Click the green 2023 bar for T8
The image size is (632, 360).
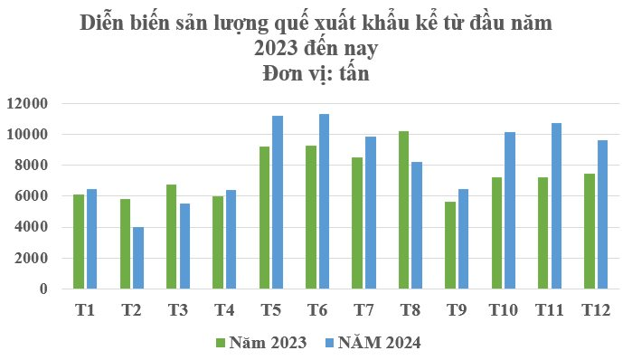coord(403,210)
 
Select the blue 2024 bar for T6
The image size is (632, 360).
coord(324,201)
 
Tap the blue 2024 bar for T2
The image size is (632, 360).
coord(138,258)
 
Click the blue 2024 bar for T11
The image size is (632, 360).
coord(557,205)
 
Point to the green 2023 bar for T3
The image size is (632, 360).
coord(171,236)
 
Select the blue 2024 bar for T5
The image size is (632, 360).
coord(278,202)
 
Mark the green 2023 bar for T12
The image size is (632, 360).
coord(589,231)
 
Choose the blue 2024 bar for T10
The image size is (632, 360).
coord(510,210)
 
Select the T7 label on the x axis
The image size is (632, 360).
coord(363,311)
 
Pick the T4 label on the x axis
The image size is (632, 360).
coord(224,311)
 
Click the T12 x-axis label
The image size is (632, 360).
coord(596,311)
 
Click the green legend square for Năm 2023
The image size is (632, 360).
coord(220,343)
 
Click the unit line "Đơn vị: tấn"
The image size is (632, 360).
coord(316,72)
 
